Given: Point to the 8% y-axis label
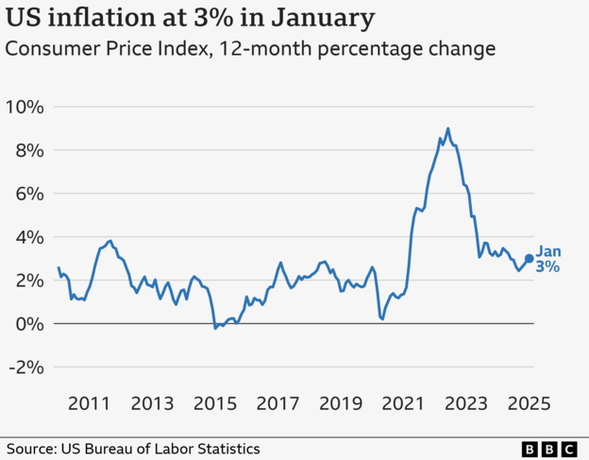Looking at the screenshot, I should click(x=28, y=150).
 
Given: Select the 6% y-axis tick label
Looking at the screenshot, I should click(x=28, y=194).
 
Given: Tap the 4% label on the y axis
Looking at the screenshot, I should click(x=28, y=237).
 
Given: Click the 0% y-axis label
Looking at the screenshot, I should click(x=28, y=324).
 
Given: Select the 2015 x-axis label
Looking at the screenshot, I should click(x=214, y=403).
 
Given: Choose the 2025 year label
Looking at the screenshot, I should click(x=529, y=403).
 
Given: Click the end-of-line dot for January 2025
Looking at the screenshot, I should click(x=529, y=258).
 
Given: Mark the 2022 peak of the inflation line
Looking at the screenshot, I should click(x=447, y=129).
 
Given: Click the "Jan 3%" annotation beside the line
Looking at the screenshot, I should click(x=548, y=259).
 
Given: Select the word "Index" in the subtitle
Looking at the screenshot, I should click(x=177, y=48).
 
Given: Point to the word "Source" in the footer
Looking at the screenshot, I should click(x=31, y=449).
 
